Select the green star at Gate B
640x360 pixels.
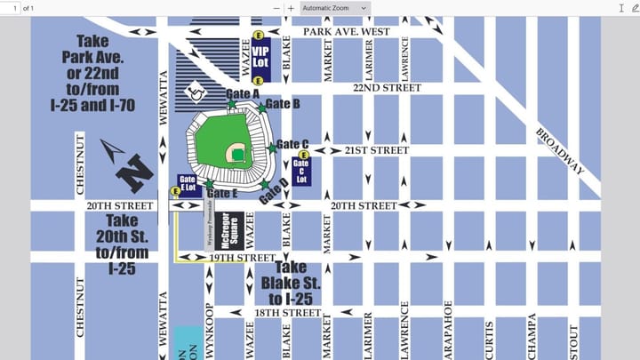[261, 108]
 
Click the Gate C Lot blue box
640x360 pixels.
[301, 169]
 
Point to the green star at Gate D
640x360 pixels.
[265, 184]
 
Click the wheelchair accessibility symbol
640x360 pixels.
[193, 90]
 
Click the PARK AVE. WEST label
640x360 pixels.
[346, 31]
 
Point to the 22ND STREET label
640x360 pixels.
[387, 88]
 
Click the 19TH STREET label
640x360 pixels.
[243, 258]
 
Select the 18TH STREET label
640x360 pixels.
[287, 313]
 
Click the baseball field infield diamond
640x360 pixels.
[237, 155]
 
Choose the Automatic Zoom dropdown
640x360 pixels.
[334, 8]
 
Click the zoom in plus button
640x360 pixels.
[291, 8]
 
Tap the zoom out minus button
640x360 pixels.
[276, 8]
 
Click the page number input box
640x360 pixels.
[10, 8]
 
